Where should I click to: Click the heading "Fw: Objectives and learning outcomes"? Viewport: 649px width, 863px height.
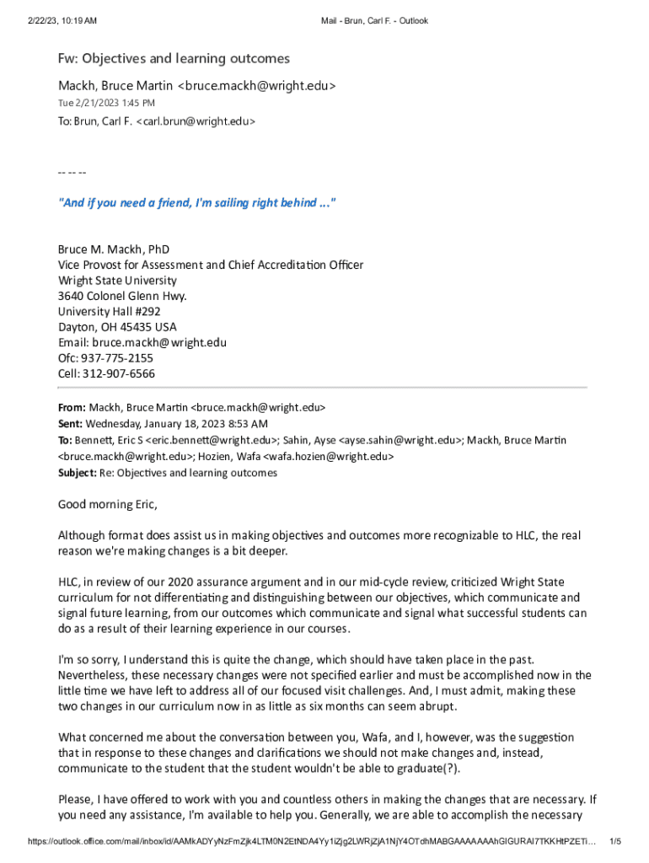173,58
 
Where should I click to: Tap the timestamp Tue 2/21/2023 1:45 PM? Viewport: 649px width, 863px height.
106,103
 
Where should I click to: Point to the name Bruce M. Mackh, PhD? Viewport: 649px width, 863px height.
113,249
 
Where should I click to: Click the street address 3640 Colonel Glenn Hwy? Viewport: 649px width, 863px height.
122,296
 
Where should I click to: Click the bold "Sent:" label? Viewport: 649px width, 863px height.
70,423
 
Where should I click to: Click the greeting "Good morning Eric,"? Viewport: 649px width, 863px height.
107,505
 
